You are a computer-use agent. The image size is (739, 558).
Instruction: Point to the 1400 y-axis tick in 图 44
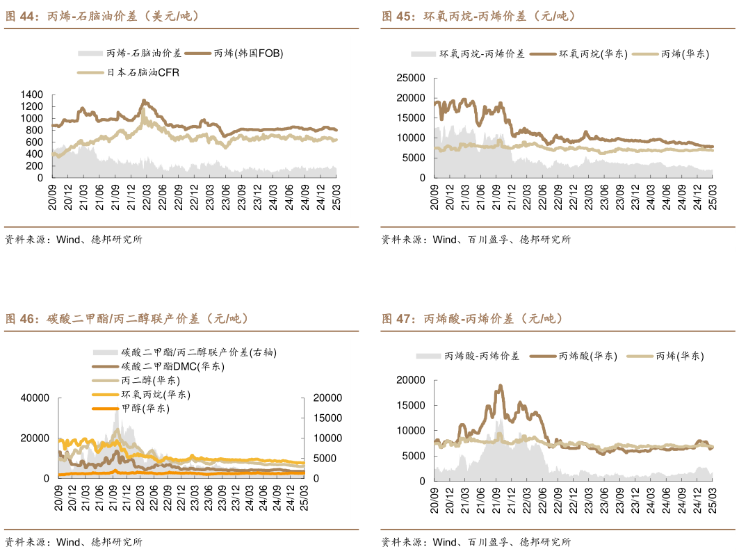click(x=33, y=95)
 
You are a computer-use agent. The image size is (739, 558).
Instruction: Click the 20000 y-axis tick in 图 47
click(x=410, y=380)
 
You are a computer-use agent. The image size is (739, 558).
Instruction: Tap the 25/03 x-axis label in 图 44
click(x=336, y=193)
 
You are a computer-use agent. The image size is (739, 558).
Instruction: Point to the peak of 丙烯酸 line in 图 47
click(x=500, y=386)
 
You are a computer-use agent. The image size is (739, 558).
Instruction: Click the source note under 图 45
click(x=476, y=240)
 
